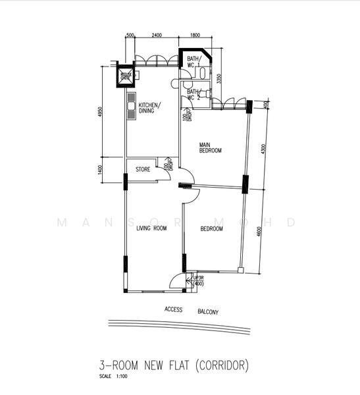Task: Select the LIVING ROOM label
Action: coord(151,228)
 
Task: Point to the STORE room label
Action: coord(143,170)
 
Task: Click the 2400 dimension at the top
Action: coord(157,35)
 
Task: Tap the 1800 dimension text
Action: coord(195,35)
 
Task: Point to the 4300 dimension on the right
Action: coord(264,149)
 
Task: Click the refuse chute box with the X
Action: coord(125,77)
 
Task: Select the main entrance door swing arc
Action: coord(176,281)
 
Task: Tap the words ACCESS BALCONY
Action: coord(191,310)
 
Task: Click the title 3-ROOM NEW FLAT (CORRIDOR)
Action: coord(174,364)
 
